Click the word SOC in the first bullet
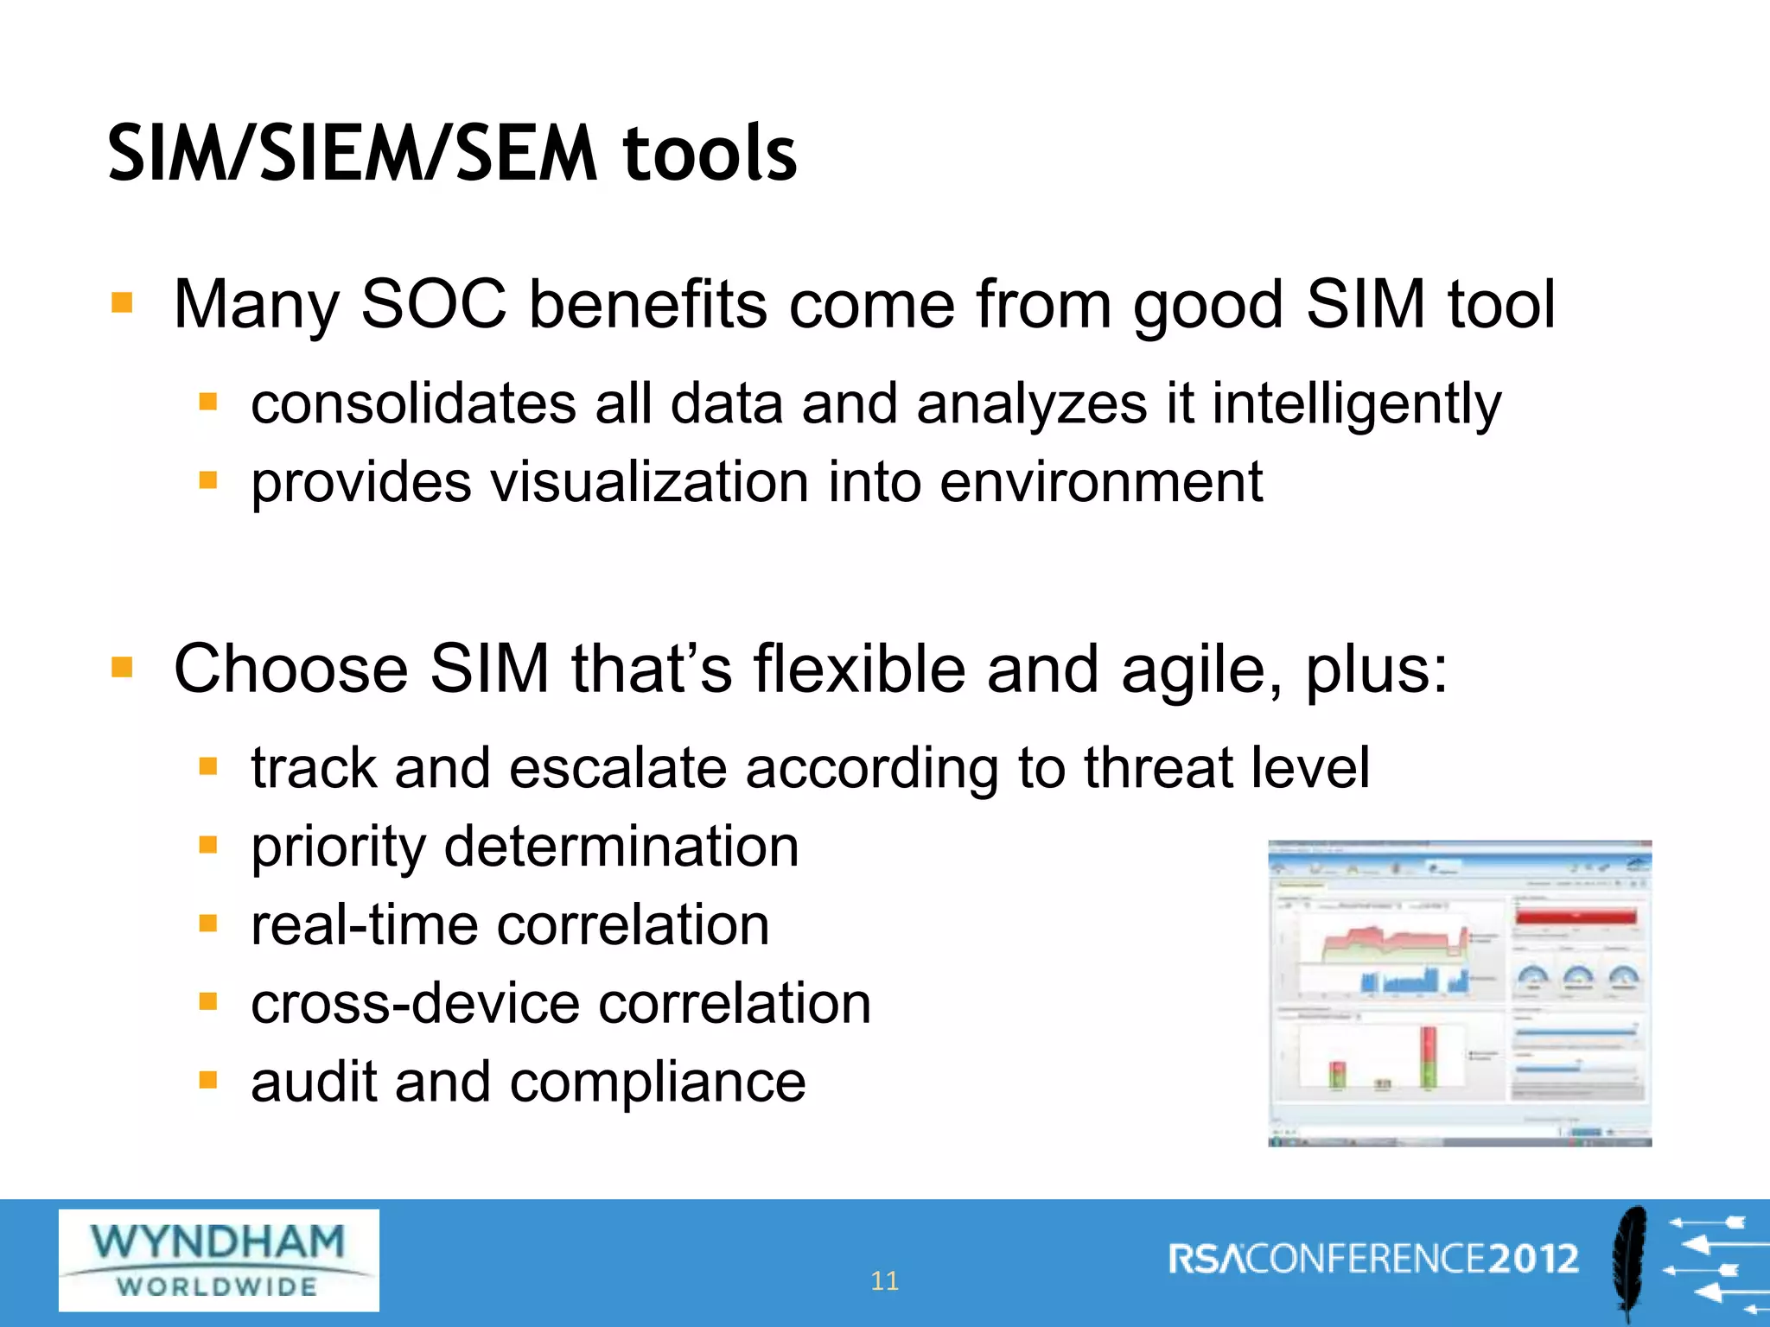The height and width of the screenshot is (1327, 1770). (433, 304)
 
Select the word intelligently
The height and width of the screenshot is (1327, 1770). (1356, 403)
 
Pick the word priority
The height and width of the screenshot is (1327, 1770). (338, 847)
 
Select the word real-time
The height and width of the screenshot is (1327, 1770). (364, 924)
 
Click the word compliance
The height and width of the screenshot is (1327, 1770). (657, 1082)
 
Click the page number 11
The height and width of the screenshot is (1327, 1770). (884, 1280)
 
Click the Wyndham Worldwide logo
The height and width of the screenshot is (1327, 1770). (219, 1260)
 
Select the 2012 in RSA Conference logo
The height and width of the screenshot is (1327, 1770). (1532, 1259)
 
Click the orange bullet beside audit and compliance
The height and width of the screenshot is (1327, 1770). (207, 1080)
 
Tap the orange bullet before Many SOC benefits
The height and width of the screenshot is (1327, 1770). (122, 303)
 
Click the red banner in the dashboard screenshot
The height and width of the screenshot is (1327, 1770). (1576, 917)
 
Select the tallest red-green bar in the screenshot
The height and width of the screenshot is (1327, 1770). (1428, 1056)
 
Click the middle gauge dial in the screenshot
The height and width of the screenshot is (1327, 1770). (1578, 978)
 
